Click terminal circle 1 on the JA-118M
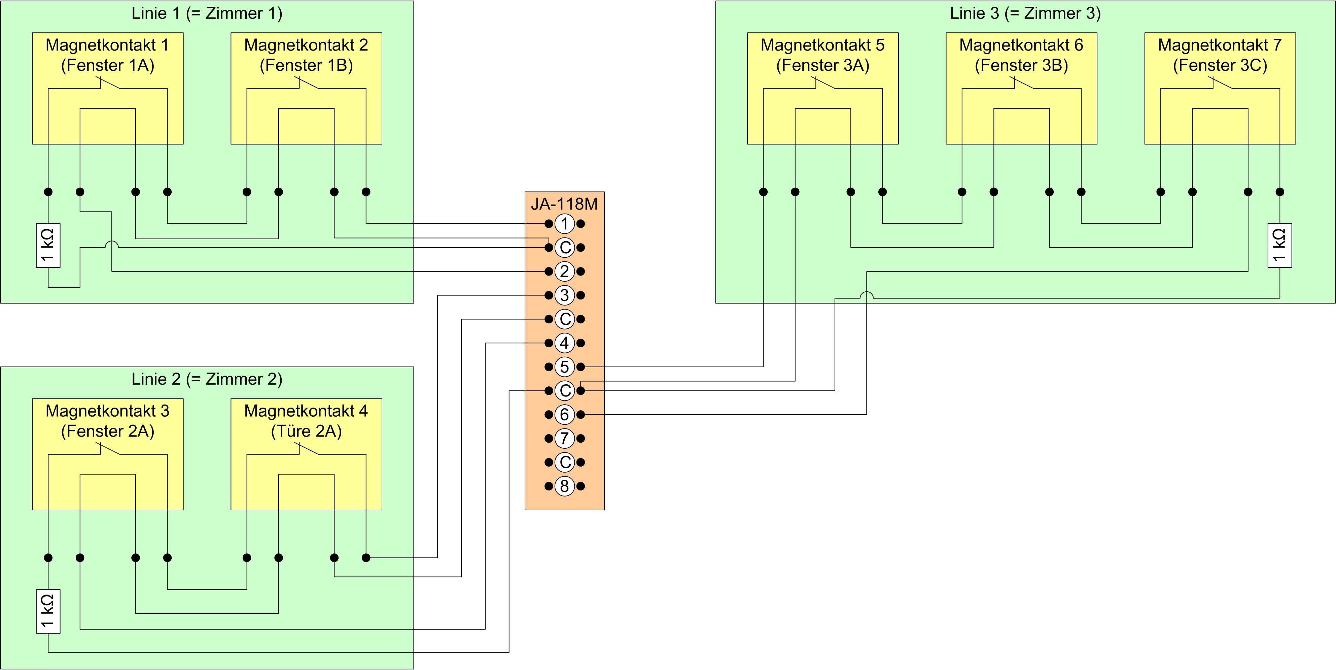tap(564, 224)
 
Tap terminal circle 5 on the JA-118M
tap(564, 367)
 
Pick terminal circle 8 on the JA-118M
tap(564, 486)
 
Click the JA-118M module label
tap(564, 204)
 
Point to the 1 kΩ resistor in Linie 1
tap(48, 246)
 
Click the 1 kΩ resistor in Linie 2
tap(48, 611)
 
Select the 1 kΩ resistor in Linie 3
tap(1279, 246)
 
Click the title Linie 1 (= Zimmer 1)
tap(207, 13)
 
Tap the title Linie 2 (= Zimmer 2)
tap(207, 379)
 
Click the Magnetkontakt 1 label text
tap(107, 45)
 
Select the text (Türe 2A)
tap(306, 431)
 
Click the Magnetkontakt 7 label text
tap(1220, 45)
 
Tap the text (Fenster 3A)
tap(822, 65)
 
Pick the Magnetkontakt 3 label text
tap(107, 411)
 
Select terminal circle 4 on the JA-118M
tap(564, 343)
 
